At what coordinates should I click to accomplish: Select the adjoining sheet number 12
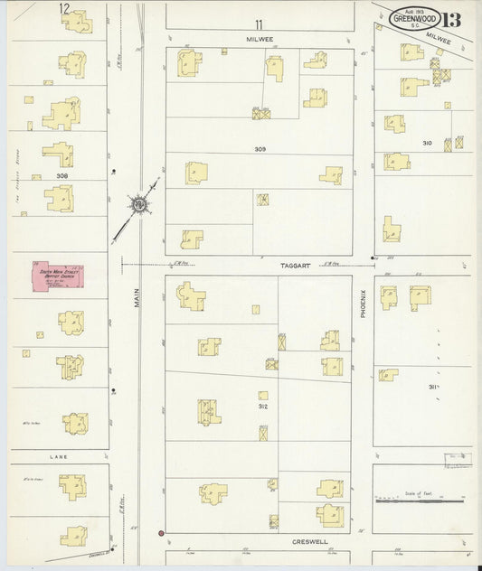[64, 8]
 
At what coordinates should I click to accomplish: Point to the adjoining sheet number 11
[260, 24]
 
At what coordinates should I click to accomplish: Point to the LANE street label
[59, 458]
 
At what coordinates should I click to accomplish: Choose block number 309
[260, 148]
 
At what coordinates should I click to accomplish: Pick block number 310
[427, 143]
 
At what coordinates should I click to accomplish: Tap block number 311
[434, 387]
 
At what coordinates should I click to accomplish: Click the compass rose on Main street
[139, 206]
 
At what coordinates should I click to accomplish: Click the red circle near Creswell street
[161, 534]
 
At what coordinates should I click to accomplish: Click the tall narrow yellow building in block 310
[390, 229]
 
